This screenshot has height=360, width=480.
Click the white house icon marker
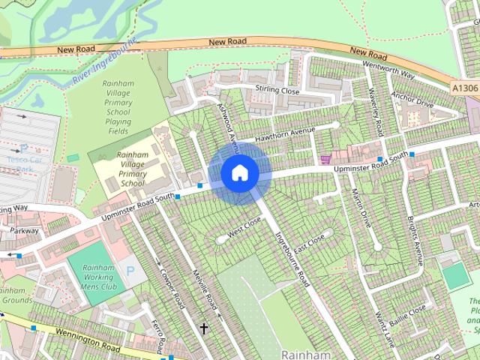tap(239, 172)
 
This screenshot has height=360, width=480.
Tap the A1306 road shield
tap(465, 88)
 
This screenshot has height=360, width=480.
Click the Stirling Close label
tap(276, 91)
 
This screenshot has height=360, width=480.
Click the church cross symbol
tap(203, 328)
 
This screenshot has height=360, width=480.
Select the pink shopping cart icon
tap(325, 158)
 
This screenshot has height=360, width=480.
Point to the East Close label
tap(309, 243)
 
